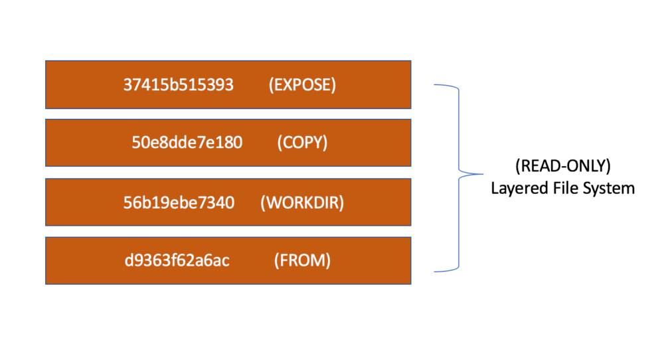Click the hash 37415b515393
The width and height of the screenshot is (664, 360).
tap(178, 85)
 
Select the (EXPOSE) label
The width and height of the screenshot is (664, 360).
tap(302, 85)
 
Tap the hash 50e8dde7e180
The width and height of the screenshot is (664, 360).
tap(187, 142)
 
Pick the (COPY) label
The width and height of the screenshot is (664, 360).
tap(302, 142)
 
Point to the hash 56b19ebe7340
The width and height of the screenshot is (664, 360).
tap(179, 203)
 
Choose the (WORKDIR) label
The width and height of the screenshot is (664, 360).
tap(302, 203)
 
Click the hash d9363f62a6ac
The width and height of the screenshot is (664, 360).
tap(177, 260)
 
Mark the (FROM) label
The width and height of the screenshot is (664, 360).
tap(302, 260)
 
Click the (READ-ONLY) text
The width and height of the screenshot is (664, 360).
tap(563, 165)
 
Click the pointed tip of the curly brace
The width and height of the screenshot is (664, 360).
tap(482, 173)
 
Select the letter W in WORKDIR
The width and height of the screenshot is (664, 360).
tap(273, 203)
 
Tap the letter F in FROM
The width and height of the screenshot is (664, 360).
tap(283, 260)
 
